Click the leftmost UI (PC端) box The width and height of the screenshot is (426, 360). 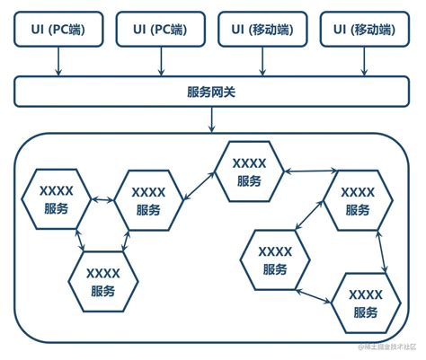58,29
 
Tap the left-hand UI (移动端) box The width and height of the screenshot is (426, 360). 262,29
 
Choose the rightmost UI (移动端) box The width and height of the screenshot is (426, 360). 363,29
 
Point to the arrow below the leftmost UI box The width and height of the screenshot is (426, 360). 58,62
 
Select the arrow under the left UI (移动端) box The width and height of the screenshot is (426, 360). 262,62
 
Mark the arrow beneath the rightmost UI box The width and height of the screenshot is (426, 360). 363,62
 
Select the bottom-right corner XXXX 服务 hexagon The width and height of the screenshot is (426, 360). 365,303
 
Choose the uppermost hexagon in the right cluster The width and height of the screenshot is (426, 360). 358,200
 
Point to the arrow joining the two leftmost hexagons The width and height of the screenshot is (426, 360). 102,200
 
